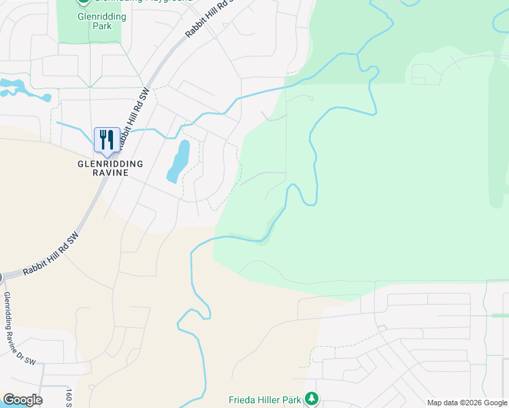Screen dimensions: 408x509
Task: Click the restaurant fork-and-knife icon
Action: [106, 140]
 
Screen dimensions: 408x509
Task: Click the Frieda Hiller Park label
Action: [265, 400]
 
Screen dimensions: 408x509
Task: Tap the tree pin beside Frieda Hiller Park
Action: [311, 398]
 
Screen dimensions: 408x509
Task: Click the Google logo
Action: [22, 400]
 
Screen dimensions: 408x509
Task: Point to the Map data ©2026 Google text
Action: [467, 403]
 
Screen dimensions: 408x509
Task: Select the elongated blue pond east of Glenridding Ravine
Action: [178, 162]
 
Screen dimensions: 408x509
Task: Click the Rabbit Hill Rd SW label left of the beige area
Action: [51, 254]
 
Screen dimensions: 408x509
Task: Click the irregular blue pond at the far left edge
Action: [20, 89]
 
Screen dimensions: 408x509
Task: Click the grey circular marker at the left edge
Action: [1, 277]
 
